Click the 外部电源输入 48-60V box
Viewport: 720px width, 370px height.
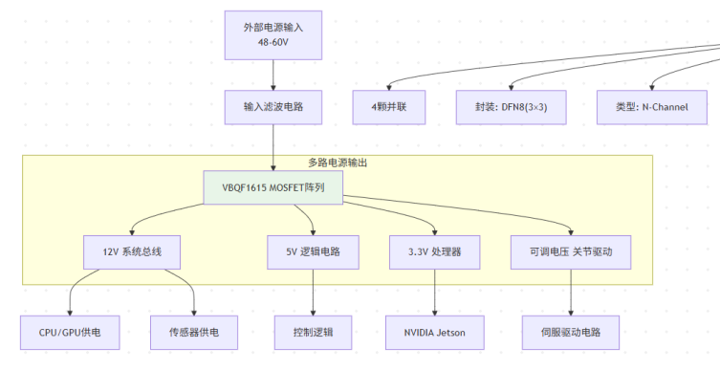pyautogui.click(x=273, y=34)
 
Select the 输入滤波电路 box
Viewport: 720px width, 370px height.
pyautogui.click(x=273, y=107)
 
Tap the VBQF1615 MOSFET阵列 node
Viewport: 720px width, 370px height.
pyautogui.click(x=273, y=187)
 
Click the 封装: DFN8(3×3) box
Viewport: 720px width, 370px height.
pyautogui.click(x=511, y=107)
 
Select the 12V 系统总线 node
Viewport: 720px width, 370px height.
pyautogui.click(x=132, y=252)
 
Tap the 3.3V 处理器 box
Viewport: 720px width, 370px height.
pyautogui.click(x=435, y=252)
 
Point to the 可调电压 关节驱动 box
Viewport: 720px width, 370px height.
pyautogui.click(x=571, y=252)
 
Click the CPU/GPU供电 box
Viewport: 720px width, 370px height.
pyautogui.click(x=70, y=333)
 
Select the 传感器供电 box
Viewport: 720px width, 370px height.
pyautogui.click(x=194, y=333)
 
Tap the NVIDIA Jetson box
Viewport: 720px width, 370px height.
pyautogui.click(x=435, y=333)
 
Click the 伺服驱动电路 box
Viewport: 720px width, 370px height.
pyautogui.click(x=571, y=333)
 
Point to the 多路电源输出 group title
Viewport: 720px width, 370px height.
pyautogui.click(x=338, y=163)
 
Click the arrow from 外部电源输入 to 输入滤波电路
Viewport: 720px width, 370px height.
pyautogui.click(x=273, y=75)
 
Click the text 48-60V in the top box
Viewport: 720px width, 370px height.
pyautogui.click(x=273, y=42)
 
